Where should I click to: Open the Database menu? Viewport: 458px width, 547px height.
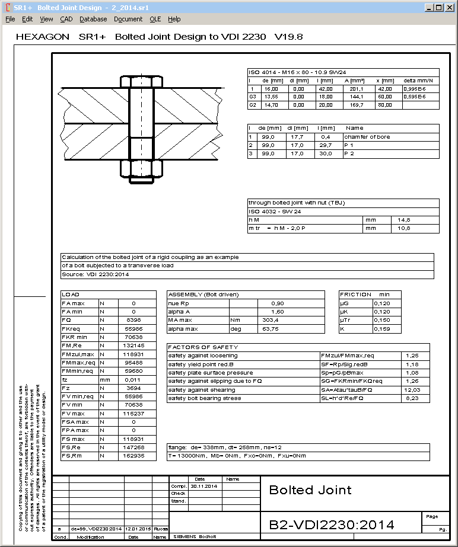93,19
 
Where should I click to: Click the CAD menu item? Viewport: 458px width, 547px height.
66,19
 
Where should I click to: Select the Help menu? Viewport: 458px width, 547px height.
174,19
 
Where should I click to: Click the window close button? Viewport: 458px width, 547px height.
450,8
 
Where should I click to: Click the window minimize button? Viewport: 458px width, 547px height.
428,8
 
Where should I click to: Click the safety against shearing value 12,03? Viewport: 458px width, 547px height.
412,390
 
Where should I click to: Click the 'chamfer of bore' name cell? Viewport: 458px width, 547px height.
367,137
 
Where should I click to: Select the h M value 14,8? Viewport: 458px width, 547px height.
403,220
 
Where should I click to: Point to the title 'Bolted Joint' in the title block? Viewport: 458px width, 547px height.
310,490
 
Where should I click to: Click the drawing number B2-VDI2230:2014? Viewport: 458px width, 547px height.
332,524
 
